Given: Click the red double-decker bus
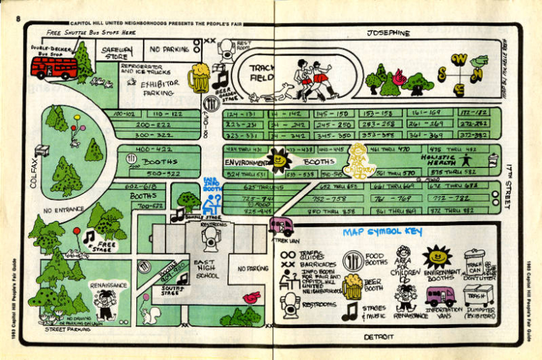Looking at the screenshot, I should (54, 67).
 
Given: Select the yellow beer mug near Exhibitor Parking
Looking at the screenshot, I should (198, 79).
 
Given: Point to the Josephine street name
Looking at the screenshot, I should (388, 33).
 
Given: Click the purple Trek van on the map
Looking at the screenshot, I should (281, 226).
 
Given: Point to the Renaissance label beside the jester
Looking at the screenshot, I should (108, 285).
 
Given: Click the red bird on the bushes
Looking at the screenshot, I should (250, 299).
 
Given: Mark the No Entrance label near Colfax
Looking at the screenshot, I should (63, 209).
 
